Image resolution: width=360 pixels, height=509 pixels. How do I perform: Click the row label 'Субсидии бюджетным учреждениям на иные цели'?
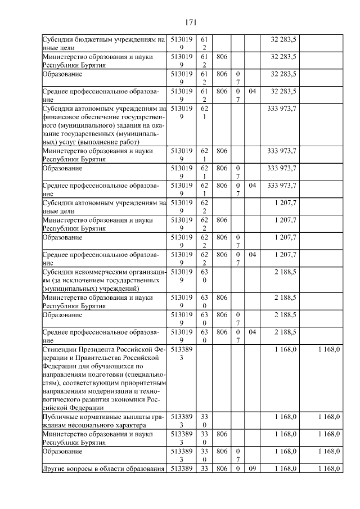(x=103, y=44)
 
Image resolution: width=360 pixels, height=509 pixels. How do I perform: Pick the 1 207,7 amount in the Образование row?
(x=285, y=237)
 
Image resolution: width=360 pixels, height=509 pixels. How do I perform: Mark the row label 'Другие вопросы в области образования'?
(x=103, y=469)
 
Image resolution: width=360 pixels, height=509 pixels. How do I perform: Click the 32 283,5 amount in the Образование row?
(x=283, y=74)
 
